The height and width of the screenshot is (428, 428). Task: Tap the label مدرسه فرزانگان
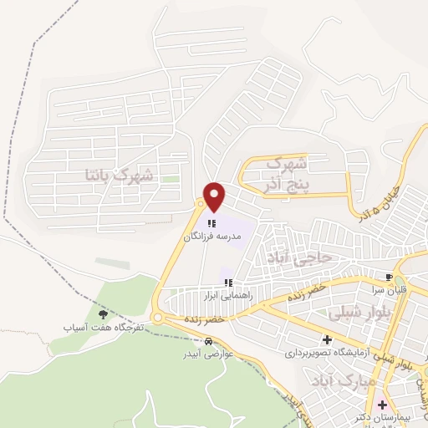pyautogui.click(x=212, y=237)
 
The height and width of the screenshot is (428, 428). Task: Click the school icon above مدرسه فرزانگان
pyautogui.click(x=212, y=224)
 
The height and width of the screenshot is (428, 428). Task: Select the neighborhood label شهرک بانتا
pyautogui.click(x=119, y=176)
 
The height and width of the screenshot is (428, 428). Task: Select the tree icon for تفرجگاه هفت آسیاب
pyautogui.click(x=103, y=314)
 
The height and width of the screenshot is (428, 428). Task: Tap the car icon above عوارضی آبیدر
pyautogui.click(x=208, y=341)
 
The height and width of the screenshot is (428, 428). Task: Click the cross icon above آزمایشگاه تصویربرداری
pyautogui.click(x=327, y=339)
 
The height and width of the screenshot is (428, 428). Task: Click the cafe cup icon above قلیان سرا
pyautogui.click(x=389, y=277)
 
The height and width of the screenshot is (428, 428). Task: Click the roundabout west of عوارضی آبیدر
pyautogui.click(x=157, y=318)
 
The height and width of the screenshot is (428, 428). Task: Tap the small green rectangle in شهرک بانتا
pyautogui.click(x=171, y=179)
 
